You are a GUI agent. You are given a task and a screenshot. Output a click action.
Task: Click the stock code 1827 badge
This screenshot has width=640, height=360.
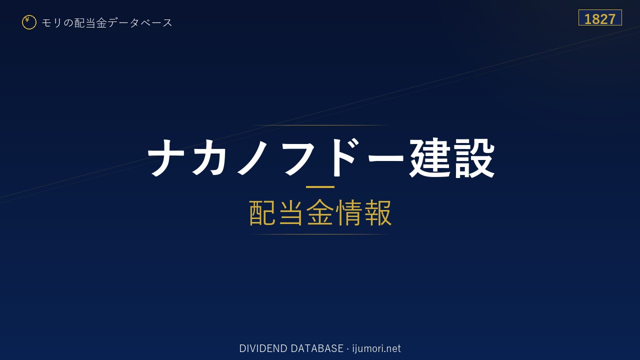(600, 17)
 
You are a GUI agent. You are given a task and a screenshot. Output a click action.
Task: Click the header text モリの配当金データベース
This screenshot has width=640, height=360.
(107, 23)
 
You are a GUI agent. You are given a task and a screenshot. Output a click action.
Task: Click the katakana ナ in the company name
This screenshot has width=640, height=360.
(166, 158)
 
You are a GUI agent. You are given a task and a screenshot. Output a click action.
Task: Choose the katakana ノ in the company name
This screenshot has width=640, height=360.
(252, 158)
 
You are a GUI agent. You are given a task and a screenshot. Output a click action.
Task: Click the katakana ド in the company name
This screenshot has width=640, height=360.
(343, 157)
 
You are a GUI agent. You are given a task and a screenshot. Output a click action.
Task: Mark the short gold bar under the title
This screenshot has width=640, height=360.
(320, 187)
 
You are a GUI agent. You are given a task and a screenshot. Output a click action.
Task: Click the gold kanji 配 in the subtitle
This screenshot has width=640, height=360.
(262, 212)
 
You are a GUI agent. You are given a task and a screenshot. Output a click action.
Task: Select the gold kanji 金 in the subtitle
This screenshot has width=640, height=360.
(320, 212)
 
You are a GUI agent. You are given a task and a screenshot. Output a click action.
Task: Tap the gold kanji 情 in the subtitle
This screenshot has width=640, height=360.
(348, 212)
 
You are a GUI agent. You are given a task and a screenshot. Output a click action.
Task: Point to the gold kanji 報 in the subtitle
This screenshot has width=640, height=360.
(377, 212)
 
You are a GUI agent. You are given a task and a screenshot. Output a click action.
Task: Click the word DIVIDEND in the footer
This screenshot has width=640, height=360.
(263, 348)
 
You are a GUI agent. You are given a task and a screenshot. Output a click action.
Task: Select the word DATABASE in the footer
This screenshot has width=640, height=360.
(317, 348)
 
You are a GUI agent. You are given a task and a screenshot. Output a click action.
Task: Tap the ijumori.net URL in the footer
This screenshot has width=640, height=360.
(376, 349)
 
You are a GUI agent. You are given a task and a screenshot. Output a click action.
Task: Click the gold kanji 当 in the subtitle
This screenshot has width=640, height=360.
(291, 212)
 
